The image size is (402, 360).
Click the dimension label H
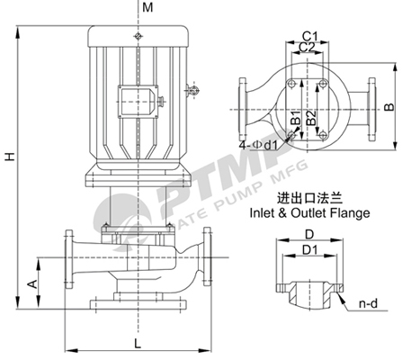point(11,157)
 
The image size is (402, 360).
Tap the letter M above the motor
point(147,7)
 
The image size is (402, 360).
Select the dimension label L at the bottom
point(138,344)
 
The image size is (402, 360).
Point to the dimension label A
point(32,283)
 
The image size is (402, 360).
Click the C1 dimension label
point(309,36)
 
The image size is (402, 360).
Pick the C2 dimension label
point(307,47)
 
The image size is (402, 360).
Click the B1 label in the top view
point(296,118)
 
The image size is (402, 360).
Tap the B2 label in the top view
point(311,118)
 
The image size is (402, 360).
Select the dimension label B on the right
point(389,107)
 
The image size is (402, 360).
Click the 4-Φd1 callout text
point(258,145)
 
